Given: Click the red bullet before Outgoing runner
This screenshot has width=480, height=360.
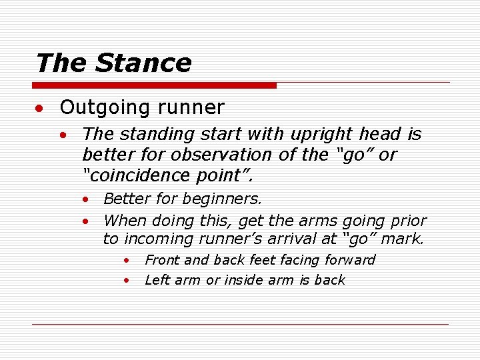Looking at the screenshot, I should click(41, 108).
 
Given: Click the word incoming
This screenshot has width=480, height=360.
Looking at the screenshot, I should click(155, 239).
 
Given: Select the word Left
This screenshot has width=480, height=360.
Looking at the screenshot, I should click(157, 280).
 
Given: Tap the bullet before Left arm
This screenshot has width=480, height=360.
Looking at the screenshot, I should click(125, 281).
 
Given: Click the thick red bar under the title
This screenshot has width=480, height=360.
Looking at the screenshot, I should click(155, 85).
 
